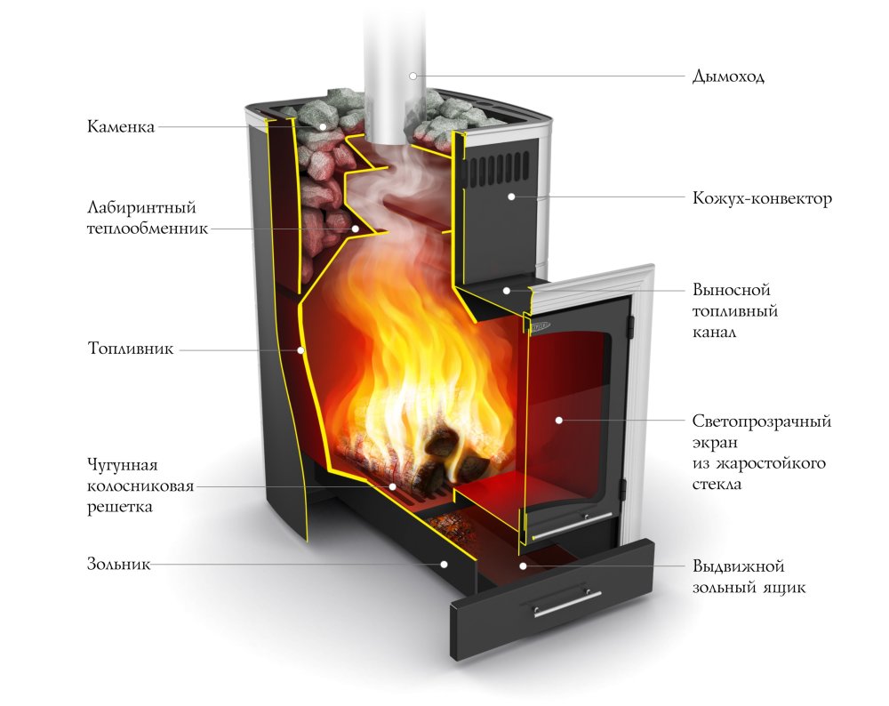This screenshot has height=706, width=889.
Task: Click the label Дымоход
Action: tap(728, 76)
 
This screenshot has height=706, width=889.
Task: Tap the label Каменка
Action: tap(121, 126)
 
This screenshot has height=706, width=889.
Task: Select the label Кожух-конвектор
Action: tap(762, 198)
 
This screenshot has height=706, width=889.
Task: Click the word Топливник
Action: tap(131, 349)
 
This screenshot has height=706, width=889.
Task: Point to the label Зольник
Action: tap(119, 564)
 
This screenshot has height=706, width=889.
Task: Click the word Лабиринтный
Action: tap(141, 207)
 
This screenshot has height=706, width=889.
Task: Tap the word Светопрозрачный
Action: tap(762, 421)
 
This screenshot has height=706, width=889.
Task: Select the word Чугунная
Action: tap(122, 465)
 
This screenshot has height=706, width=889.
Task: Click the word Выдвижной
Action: tap(738, 566)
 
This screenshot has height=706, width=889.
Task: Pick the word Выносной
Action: tap(732, 290)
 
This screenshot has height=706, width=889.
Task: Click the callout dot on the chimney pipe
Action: tap(413, 76)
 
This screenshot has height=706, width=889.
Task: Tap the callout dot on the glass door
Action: tap(559, 421)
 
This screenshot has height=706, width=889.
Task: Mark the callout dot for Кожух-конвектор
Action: tap(511, 197)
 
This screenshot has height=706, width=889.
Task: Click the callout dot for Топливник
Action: tap(301, 350)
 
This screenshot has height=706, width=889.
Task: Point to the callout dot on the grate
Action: tap(392, 486)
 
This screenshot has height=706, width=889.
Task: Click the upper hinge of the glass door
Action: tap(629, 326)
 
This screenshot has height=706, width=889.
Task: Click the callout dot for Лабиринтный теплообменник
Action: tap(356, 229)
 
